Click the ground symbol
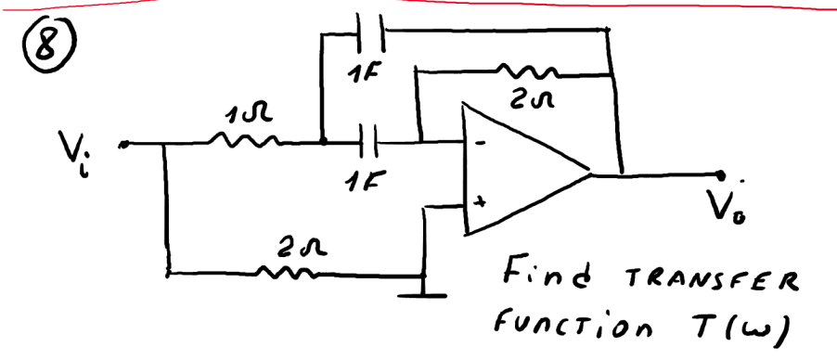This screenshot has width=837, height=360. tap(423, 296)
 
